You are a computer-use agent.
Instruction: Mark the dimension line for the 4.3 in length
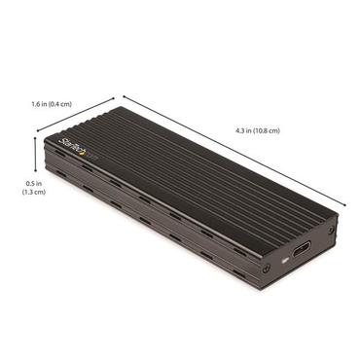pos(234,150)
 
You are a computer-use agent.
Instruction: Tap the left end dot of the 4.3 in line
pos(122,95)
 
